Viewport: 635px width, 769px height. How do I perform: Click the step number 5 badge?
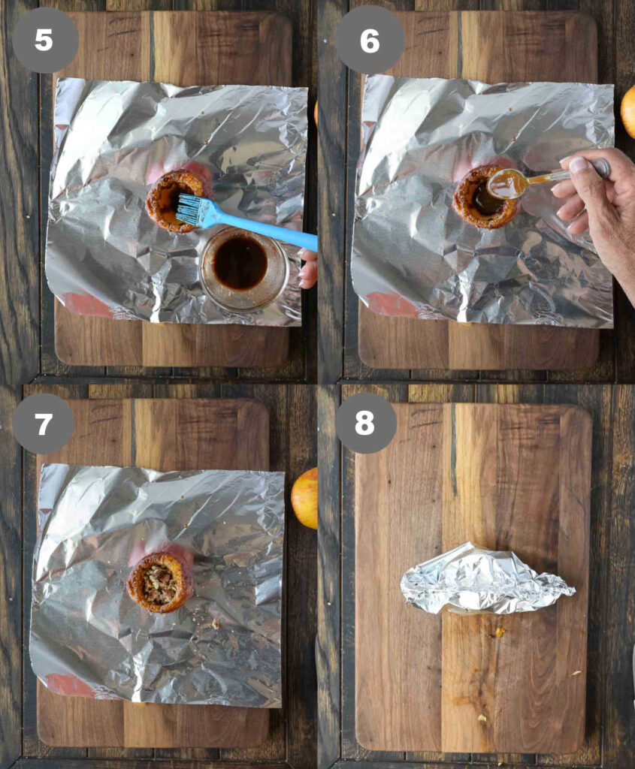(x=44, y=41)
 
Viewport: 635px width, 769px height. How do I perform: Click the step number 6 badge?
(x=370, y=41)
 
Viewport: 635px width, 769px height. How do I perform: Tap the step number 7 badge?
(x=43, y=424)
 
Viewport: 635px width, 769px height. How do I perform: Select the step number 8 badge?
(x=365, y=423)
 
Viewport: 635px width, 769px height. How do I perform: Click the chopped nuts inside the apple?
(x=159, y=584)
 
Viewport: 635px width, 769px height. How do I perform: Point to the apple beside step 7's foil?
(x=305, y=498)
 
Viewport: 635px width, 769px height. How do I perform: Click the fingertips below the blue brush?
(x=309, y=269)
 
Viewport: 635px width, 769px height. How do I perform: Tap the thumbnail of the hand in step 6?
(x=580, y=164)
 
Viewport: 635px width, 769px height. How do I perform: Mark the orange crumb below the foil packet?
(x=500, y=632)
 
